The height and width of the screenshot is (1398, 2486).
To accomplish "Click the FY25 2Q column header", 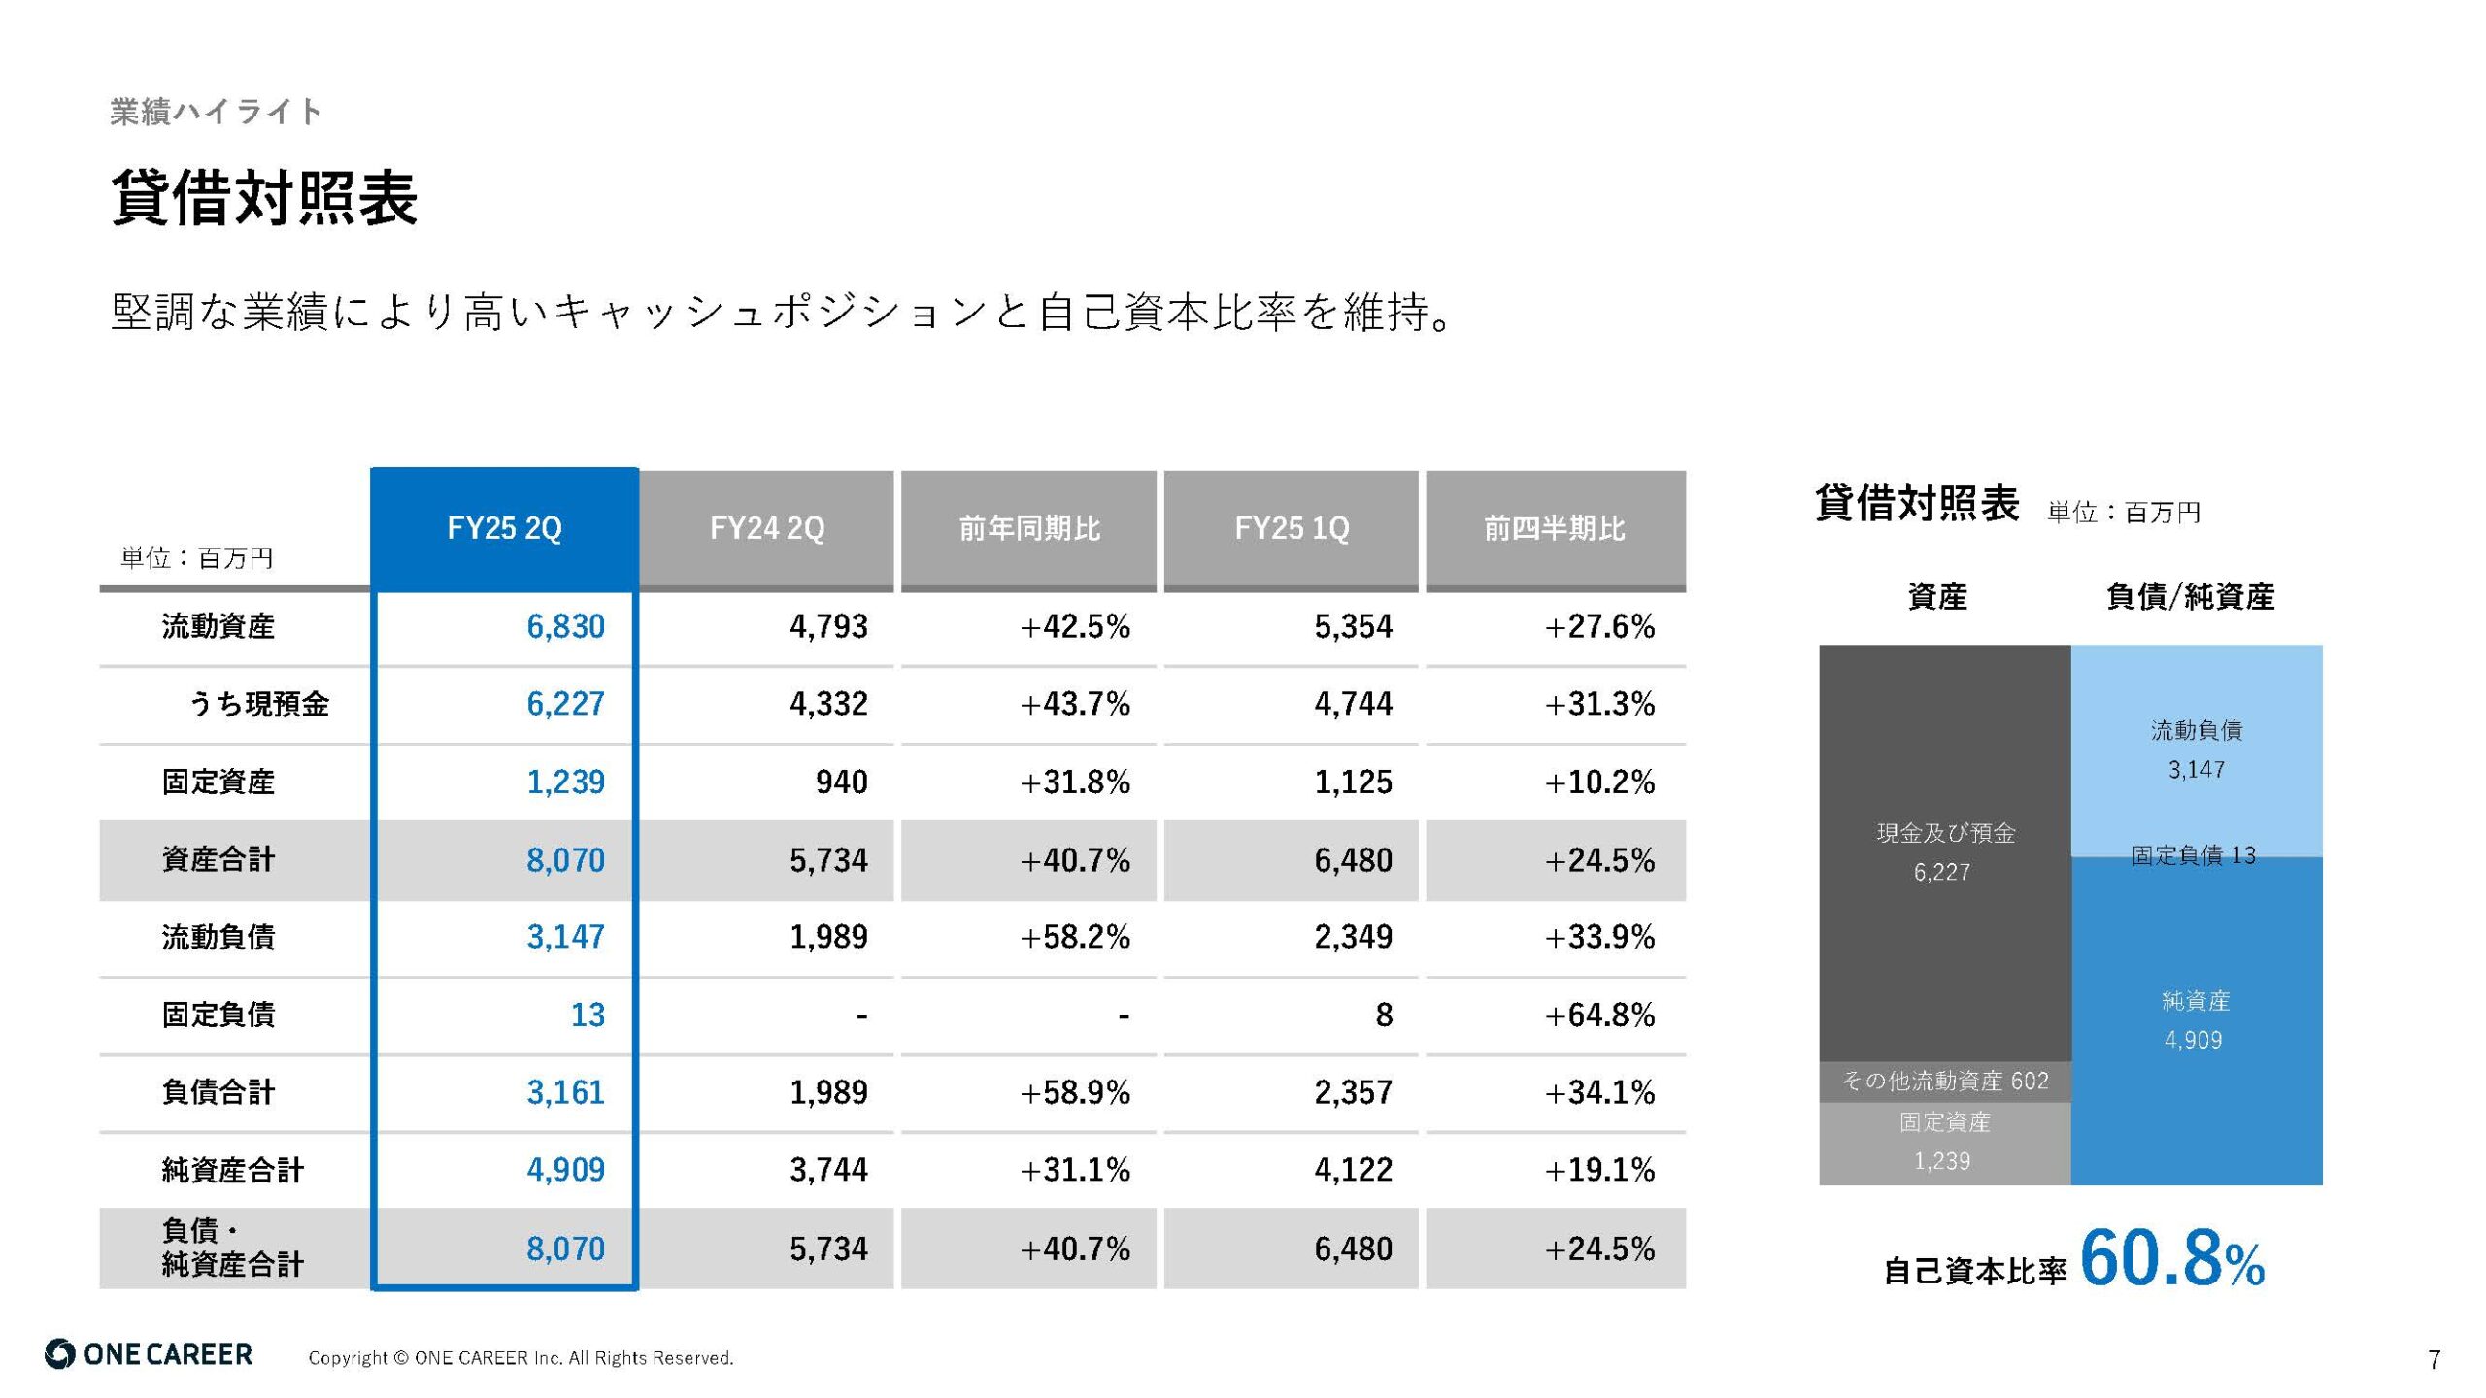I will click(504, 529).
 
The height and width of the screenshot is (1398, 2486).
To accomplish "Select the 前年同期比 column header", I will click(1028, 529).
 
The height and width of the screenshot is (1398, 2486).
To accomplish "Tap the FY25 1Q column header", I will click(1291, 529).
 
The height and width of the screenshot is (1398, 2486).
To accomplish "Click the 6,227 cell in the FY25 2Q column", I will click(565, 704).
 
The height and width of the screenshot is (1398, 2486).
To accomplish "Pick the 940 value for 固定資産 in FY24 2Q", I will click(841, 782).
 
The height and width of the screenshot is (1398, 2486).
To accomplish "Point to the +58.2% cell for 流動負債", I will click(1075, 938).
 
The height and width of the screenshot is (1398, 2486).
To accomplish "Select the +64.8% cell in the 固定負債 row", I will click(1599, 1015).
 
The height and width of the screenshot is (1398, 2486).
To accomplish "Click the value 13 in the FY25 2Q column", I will click(588, 1015).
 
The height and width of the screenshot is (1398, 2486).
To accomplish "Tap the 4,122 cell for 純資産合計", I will click(1353, 1170).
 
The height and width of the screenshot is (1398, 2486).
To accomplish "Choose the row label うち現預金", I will click(258, 704).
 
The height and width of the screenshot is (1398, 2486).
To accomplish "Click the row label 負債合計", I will click(218, 1092).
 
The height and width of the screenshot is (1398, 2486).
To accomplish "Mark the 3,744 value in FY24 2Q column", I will click(828, 1170).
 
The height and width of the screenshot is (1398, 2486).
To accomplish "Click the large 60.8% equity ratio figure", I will click(2171, 1260).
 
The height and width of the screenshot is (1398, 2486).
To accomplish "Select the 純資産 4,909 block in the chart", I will click(2196, 1020).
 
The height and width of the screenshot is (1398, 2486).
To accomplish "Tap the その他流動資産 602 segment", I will click(1945, 1082).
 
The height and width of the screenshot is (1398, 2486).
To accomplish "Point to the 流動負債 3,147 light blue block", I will click(2196, 749).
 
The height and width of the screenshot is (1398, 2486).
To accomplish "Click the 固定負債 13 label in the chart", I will click(2194, 855).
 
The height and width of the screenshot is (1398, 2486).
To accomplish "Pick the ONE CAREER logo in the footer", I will click(149, 1355).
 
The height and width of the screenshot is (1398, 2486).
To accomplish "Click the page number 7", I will click(2434, 1360).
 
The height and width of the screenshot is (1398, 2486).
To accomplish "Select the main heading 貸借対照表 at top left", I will click(264, 198).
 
